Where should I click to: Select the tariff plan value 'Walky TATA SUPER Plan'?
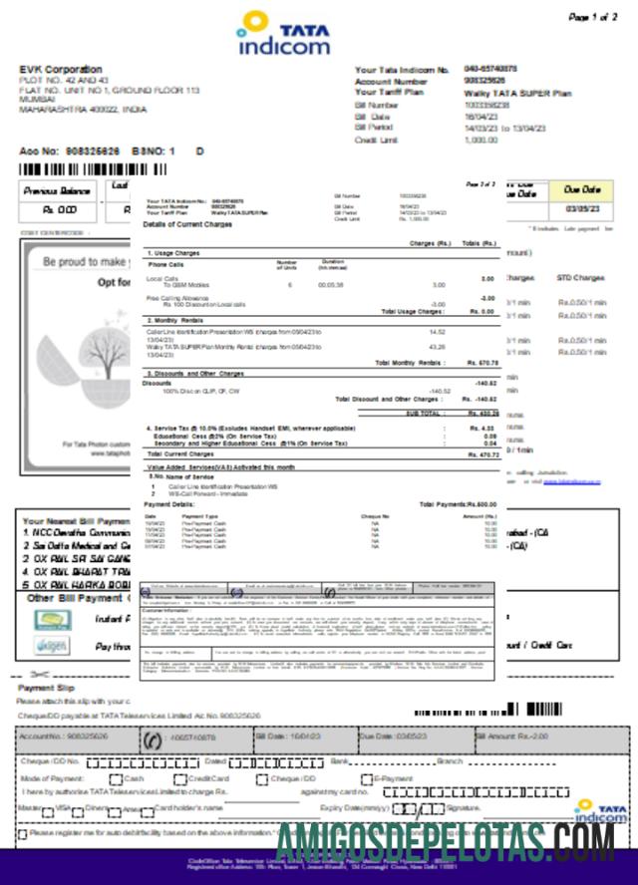coord(517,93)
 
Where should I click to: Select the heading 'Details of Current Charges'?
coord(188,224)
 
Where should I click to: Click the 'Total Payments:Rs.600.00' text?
coord(458,504)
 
